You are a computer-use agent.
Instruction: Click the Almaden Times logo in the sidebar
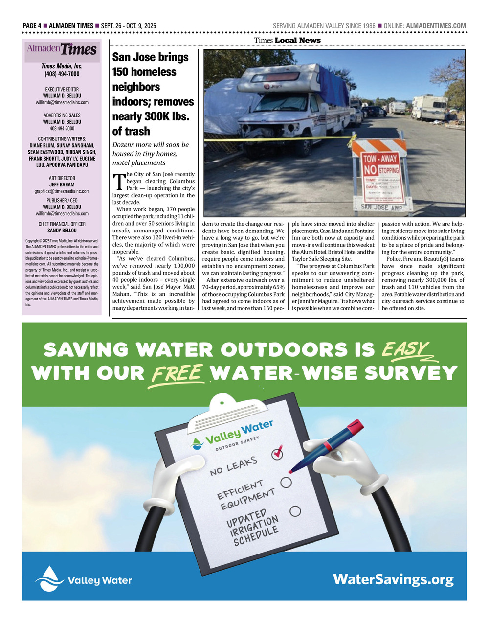(x=62, y=49)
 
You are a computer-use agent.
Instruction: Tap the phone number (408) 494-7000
(x=62, y=74)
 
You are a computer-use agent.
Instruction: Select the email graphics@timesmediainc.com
(x=62, y=191)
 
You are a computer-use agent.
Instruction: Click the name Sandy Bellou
(x=62, y=231)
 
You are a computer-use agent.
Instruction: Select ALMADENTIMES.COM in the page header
(x=436, y=26)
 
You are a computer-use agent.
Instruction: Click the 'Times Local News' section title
(x=287, y=40)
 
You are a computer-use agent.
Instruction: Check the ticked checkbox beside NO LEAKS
(x=277, y=453)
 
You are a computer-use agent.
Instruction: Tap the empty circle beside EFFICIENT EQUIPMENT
(x=286, y=482)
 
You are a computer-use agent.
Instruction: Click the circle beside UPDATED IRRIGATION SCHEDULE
(x=295, y=511)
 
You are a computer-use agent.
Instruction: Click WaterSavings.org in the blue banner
(x=393, y=580)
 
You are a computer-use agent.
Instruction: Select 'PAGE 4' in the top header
(x=32, y=26)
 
